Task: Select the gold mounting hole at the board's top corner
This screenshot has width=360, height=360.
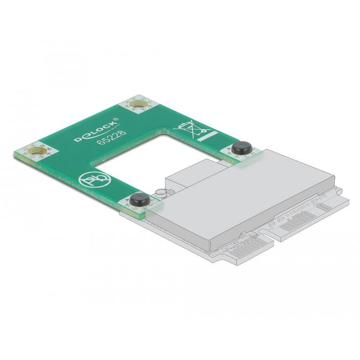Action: point(139,104)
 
